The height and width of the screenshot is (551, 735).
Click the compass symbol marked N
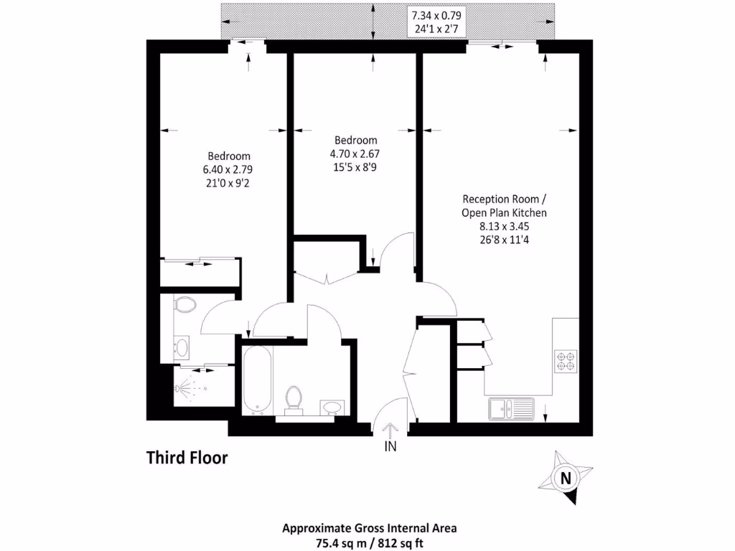click(x=566, y=477)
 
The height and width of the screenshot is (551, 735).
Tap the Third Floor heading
click(x=187, y=457)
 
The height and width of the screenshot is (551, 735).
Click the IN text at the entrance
click(x=390, y=446)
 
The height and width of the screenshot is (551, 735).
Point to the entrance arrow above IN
click(x=390, y=429)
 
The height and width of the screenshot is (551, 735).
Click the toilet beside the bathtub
click(x=294, y=399)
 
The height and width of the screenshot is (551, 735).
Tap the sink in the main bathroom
click(x=332, y=407)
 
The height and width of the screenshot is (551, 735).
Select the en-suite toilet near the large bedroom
click(x=185, y=306)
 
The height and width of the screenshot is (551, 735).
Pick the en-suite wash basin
click(x=182, y=348)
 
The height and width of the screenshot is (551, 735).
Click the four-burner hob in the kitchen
click(x=566, y=360)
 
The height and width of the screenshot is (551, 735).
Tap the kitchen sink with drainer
click(x=510, y=409)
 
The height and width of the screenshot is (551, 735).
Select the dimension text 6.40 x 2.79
click(x=228, y=170)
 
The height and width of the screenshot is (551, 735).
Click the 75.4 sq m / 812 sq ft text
click(x=370, y=540)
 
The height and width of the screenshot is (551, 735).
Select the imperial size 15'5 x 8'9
click(x=355, y=167)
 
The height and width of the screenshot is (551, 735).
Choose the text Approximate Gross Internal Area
click(x=370, y=527)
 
